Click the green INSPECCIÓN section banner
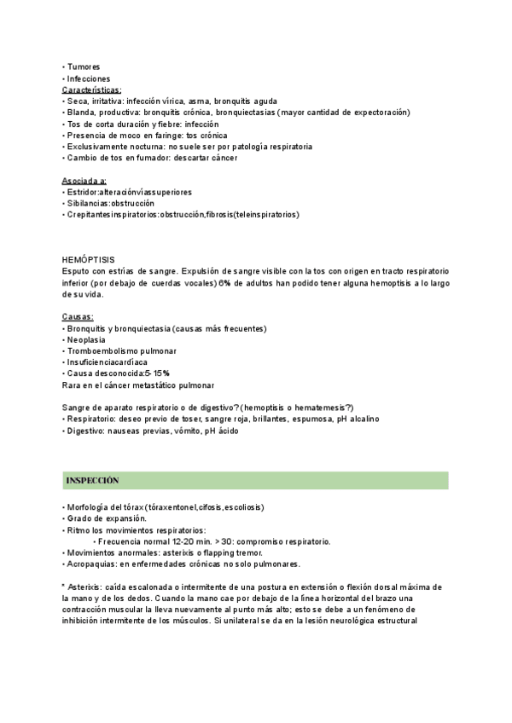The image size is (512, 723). click(x=256, y=482)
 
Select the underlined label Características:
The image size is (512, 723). click(x=91, y=89)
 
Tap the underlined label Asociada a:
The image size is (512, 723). click(x=84, y=181)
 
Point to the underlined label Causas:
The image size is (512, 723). click(x=78, y=317)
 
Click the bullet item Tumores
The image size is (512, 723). click(x=83, y=67)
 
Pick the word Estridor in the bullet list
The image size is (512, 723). click(x=83, y=192)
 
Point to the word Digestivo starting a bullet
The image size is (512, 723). click(x=86, y=431)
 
